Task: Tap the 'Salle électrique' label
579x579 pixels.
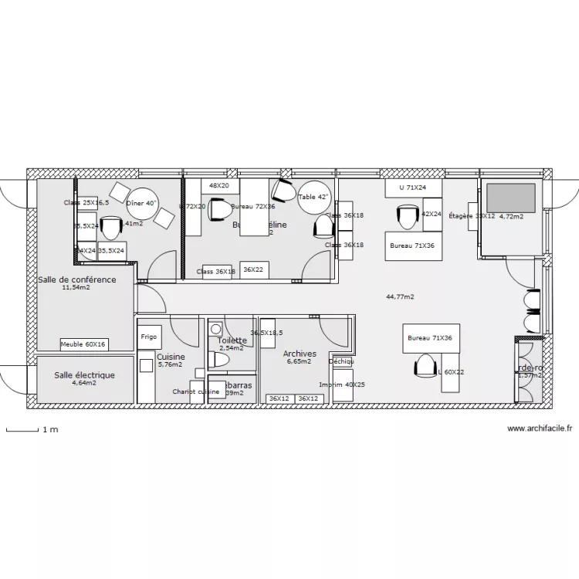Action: [84, 375]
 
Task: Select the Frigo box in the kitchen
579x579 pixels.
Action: [149, 337]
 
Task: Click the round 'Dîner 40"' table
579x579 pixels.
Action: [141, 203]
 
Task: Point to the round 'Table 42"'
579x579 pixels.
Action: [313, 196]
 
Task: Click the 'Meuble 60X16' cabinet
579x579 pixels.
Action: [84, 344]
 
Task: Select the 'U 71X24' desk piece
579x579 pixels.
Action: [413, 188]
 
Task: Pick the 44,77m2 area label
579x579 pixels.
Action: [400, 296]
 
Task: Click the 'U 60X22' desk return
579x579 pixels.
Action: [452, 372]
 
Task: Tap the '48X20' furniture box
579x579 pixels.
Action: [219, 185]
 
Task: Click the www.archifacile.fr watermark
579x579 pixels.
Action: [540, 428]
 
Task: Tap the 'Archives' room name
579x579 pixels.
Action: [300, 354]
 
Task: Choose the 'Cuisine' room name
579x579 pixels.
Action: [171, 357]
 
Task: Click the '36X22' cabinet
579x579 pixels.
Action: [252, 270]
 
